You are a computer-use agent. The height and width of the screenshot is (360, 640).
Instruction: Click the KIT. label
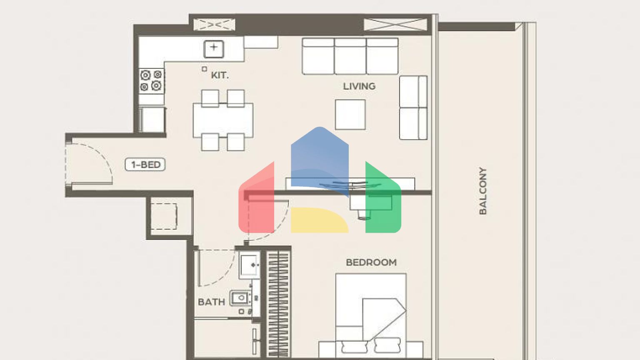(220, 75)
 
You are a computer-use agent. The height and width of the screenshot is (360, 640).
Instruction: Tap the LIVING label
(359, 86)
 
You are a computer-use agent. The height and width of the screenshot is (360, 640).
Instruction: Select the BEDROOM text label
(371, 262)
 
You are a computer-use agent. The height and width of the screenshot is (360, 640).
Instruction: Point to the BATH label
(211, 302)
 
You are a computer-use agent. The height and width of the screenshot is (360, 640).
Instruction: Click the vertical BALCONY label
(482, 191)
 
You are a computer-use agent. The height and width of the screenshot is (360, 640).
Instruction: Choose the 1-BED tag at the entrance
(145, 165)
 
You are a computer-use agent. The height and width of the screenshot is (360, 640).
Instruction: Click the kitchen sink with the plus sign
(214, 49)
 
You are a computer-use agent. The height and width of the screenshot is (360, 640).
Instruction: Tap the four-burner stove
(151, 81)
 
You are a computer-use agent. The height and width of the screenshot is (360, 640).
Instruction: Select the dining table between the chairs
(223, 120)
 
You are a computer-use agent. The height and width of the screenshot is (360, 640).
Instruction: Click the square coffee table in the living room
(350, 114)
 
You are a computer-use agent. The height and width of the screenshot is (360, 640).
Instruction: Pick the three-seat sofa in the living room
(350, 56)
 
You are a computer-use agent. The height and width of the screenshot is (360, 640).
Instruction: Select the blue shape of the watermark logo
(320, 162)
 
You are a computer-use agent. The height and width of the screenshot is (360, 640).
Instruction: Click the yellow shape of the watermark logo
(320, 220)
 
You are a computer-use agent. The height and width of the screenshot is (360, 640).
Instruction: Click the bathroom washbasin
(249, 265)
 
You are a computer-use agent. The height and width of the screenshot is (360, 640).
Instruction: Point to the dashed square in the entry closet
(164, 216)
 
